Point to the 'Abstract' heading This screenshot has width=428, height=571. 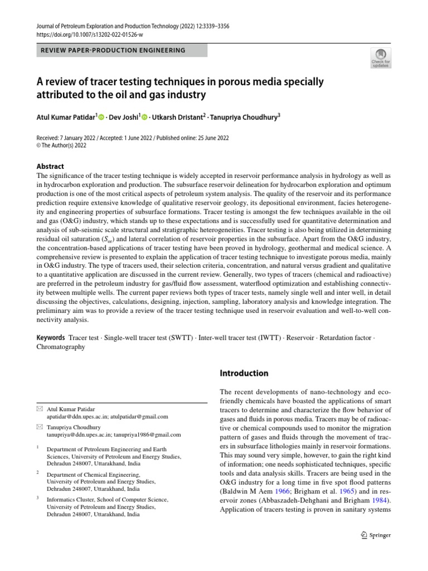coord(50,166)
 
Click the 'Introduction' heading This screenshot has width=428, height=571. coord(244,373)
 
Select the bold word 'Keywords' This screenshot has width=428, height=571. coord(51,338)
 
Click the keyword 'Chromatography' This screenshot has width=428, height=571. coord(61,347)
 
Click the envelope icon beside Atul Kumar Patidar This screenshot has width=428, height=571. coord(38,409)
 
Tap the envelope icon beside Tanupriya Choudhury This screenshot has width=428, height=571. coord(38,427)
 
